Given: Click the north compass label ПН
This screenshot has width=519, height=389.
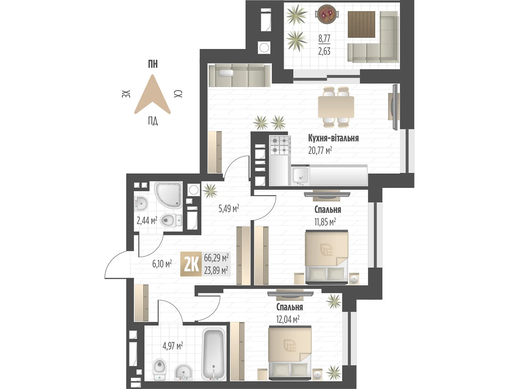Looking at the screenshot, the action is pos(153,64).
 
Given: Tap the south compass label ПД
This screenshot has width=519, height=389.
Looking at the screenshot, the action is pos(153,121).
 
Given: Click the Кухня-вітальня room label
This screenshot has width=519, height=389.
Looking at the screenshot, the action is pos(333,138).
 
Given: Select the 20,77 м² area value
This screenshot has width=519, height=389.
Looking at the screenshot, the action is pos(320,150).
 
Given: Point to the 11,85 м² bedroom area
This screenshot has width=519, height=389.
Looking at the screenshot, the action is pos(325,222).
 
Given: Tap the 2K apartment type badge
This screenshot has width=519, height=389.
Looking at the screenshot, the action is pos(191,264).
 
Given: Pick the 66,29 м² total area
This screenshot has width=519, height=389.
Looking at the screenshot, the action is pos(216,258).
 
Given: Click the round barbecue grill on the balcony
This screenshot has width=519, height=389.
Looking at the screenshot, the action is pos(327,14).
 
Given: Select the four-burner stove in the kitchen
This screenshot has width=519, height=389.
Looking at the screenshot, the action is pos(280,145).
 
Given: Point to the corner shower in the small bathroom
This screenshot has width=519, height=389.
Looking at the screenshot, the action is pos(168,195).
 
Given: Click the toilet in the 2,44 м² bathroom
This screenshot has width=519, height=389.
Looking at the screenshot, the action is pos(171,220).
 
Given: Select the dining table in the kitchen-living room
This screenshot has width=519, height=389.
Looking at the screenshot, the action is pos(336,107).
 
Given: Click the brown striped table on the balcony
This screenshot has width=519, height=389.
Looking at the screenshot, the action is pos(361,24).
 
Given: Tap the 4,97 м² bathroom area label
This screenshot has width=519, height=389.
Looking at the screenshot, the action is pos(173,346).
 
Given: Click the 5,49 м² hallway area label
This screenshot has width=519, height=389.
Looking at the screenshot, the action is pos(229,208).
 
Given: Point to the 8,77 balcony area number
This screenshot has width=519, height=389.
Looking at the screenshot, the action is pos(324,39).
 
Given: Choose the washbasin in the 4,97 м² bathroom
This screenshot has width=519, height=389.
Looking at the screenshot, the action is pos(184,372).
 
